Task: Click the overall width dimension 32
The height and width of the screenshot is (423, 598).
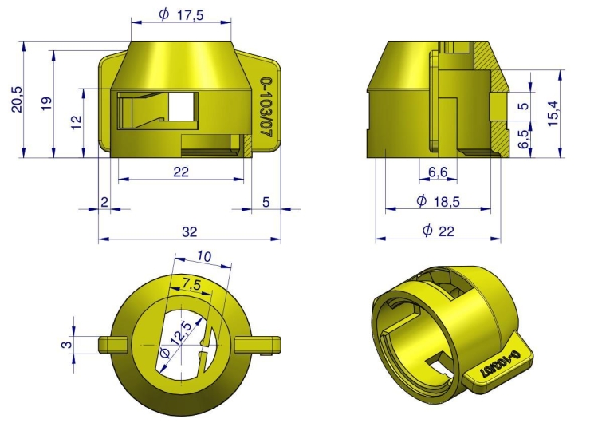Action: tap(189, 231)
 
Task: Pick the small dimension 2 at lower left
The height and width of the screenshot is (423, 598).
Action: tap(104, 202)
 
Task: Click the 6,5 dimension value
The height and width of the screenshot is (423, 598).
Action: tap(523, 141)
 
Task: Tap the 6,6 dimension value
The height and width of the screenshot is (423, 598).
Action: tap(437, 173)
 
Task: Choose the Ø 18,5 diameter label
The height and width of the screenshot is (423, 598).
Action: tap(437, 202)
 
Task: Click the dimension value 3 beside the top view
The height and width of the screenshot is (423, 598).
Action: tap(67, 344)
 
